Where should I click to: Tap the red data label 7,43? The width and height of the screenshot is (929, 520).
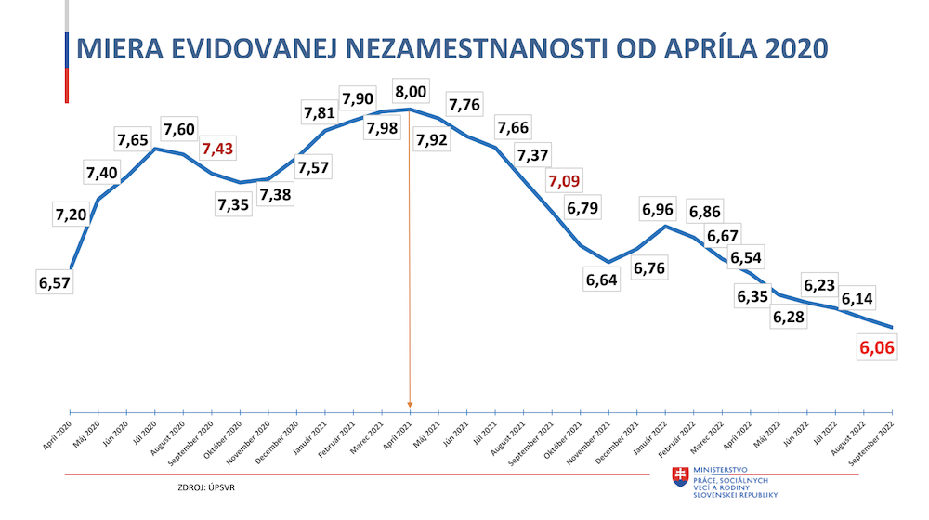click(x=220, y=149)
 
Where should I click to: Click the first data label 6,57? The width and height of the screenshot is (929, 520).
click(x=55, y=282)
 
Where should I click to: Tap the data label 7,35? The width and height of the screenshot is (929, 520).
click(x=233, y=204)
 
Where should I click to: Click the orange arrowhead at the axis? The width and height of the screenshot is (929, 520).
click(x=410, y=404)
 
